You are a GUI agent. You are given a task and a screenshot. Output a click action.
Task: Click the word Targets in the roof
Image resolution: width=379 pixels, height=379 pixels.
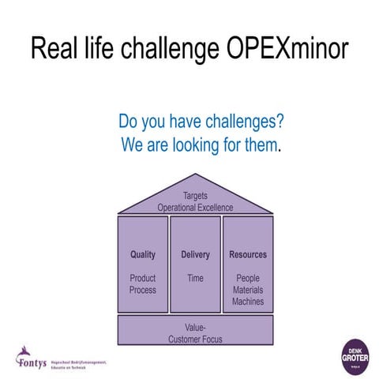[195, 195]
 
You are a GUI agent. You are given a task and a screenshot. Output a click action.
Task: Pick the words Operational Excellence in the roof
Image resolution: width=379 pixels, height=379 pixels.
[195, 207]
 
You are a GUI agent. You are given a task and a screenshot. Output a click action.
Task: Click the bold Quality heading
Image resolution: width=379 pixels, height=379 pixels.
[143, 255]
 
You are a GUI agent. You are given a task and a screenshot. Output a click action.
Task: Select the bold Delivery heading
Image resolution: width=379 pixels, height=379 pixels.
[195, 255]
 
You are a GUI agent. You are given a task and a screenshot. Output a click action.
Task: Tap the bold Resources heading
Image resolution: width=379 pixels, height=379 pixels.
[248, 255]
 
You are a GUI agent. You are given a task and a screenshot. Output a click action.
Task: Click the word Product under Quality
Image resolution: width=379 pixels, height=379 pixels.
[143, 278]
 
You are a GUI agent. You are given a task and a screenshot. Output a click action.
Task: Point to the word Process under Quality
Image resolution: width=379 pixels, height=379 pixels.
[143, 290]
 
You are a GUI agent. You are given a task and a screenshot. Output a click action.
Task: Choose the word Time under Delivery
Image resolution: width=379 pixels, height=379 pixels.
[195, 278]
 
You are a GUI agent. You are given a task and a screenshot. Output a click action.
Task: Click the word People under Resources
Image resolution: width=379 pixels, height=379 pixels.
[248, 278]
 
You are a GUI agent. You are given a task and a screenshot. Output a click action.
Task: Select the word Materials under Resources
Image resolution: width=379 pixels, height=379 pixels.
[248, 290]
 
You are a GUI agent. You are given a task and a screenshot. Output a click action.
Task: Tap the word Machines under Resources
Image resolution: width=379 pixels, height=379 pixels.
[248, 302]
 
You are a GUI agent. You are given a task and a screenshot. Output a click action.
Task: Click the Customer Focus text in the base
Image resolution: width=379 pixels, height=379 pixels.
[195, 339]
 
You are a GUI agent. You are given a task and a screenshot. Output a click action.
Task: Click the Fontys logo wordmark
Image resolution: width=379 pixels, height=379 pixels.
[32, 362]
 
